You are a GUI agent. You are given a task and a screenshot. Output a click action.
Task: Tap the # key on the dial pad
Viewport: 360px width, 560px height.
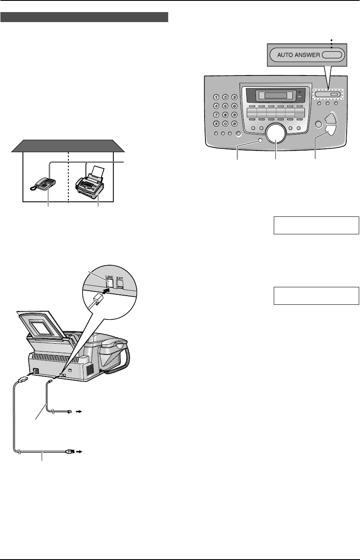235,124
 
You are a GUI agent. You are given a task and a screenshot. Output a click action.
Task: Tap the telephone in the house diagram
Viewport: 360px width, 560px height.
44,183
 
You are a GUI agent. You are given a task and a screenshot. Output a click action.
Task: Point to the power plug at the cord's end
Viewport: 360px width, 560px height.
68,451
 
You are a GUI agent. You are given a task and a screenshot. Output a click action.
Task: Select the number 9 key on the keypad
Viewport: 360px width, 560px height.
235,116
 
